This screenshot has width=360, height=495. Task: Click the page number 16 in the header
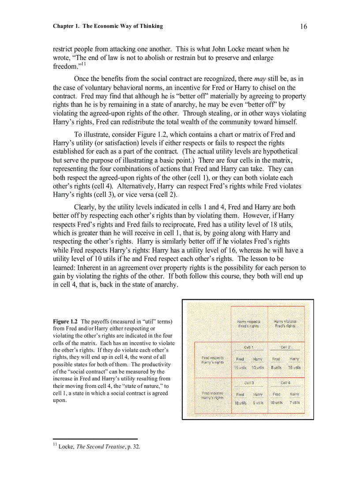click(x=304, y=26)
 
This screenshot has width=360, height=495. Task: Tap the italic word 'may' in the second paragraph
click(x=260, y=79)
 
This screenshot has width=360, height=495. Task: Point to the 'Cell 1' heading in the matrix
click(x=249, y=347)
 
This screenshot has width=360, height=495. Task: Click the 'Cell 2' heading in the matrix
click(x=285, y=347)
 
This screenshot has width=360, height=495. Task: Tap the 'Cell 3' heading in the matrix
click(x=249, y=383)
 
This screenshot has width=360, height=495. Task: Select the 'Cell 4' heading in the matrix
click(x=285, y=383)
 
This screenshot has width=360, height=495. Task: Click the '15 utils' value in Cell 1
click(x=240, y=367)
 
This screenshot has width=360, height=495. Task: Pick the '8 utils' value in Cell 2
click(x=276, y=367)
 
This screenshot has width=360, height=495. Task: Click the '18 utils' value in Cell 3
click(x=240, y=402)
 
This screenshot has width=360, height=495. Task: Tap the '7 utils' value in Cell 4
click(x=295, y=402)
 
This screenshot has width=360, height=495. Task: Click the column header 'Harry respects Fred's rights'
click(x=248, y=324)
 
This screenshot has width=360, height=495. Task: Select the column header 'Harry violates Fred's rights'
click(x=285, y=324)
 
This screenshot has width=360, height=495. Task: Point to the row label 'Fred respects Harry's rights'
click(x=213, y=360)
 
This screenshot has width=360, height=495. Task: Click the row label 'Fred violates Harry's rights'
click(x=213, y=395)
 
